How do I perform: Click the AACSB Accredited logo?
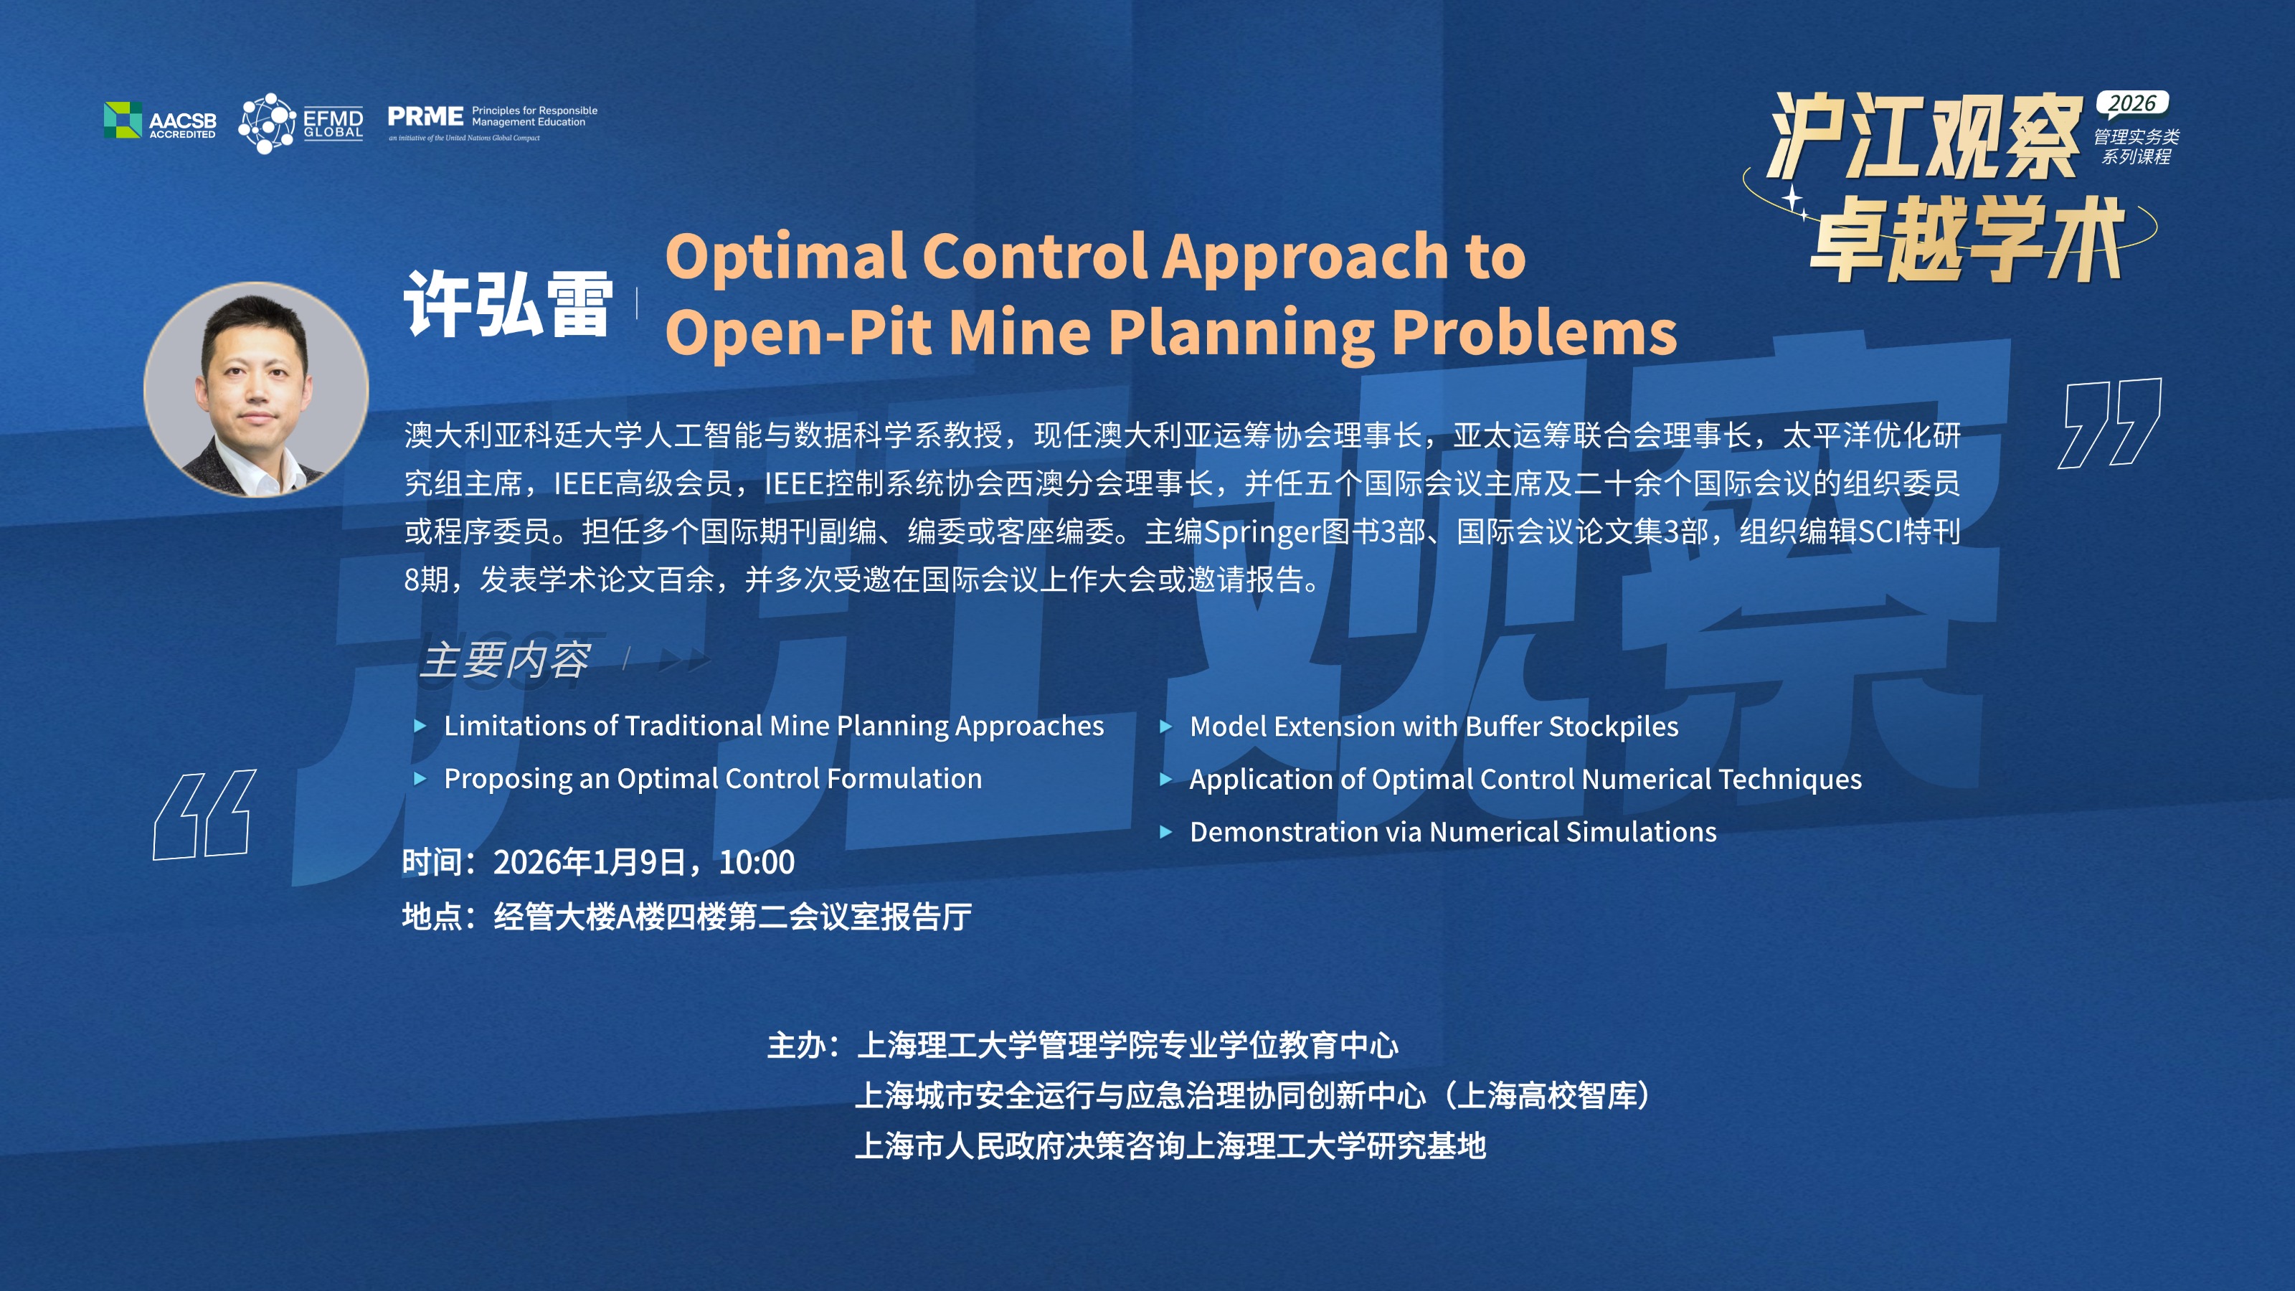(x=161, y=120)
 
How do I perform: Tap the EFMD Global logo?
(x=301, y=123)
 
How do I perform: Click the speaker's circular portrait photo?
(x=257, y=389)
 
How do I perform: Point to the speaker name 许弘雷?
(x=508, y=304)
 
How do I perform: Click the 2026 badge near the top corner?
(x=2132, y=104)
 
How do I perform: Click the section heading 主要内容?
(x=504, y=660)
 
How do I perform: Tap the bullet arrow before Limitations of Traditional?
(x=420, y=726)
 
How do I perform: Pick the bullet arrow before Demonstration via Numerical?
(x=1165, y=832)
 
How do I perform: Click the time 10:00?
(x=757, y=862)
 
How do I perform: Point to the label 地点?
(x=432, y=916)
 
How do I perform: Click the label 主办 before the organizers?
(x=798, y=1045)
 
